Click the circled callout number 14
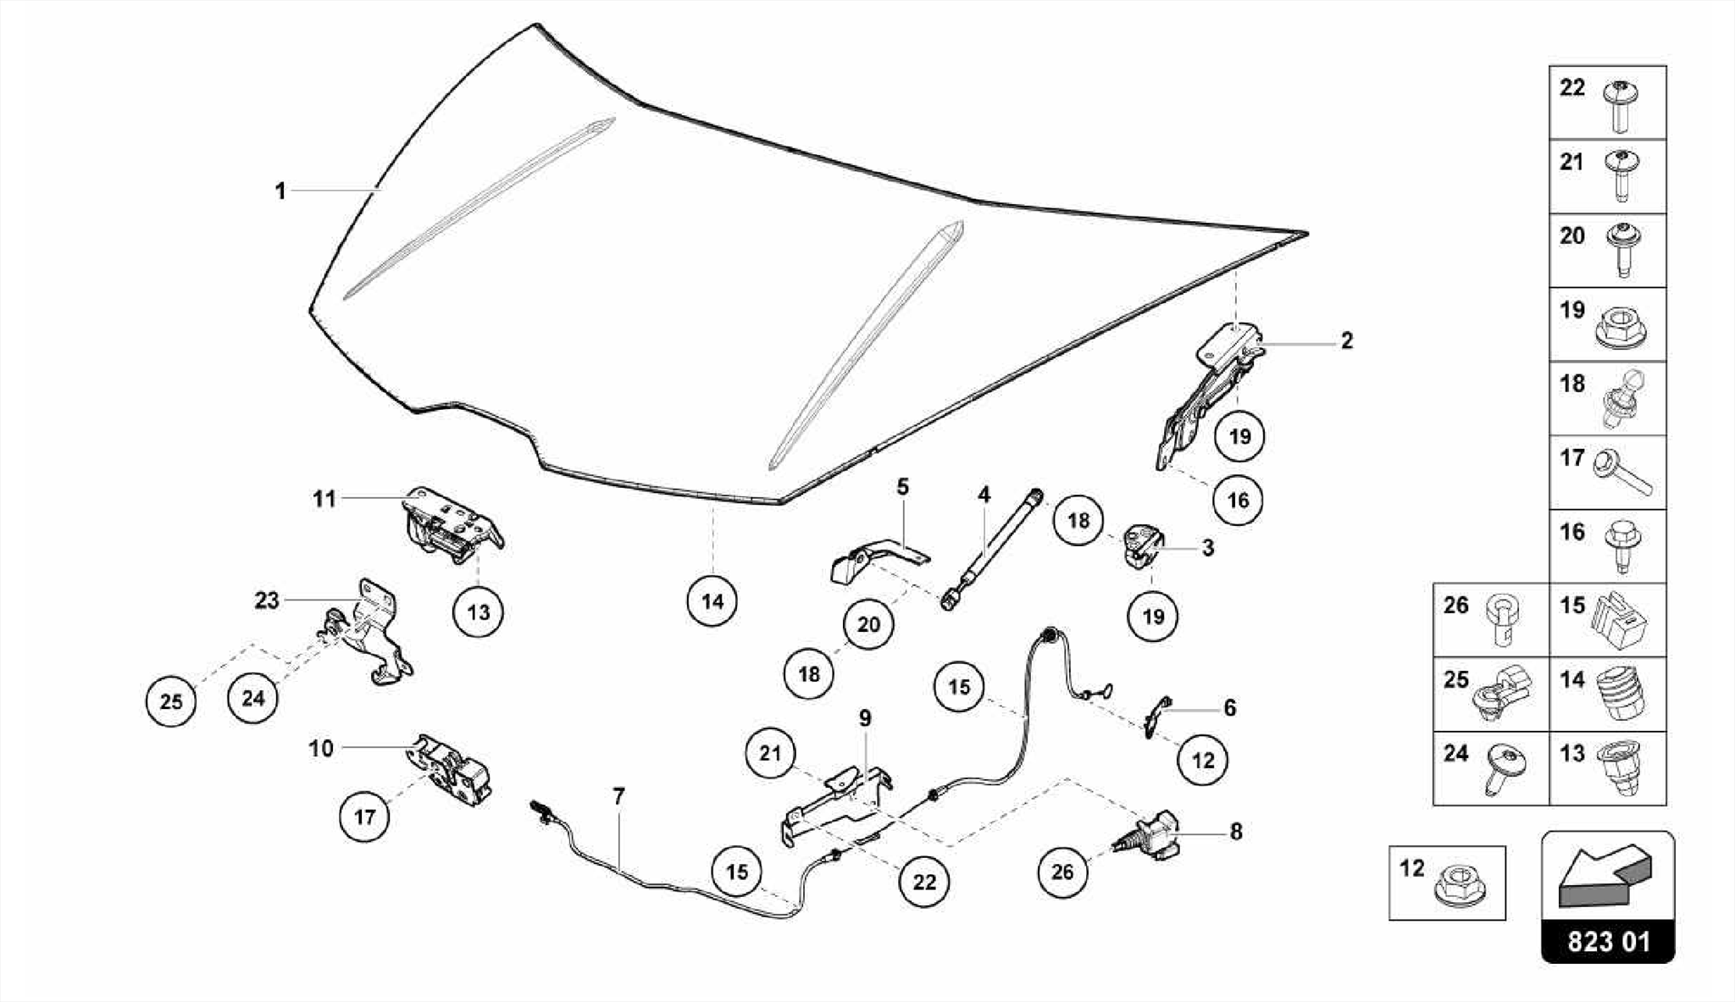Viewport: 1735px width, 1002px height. coord(712,601)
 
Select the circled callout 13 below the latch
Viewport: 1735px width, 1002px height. coord(478,612)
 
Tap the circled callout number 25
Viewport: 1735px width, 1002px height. coord(171,701)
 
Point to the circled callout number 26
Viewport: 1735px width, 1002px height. coord(1062,872)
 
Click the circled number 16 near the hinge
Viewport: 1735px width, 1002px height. coord(1238,500)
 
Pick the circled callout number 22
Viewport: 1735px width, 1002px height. coord(924,882)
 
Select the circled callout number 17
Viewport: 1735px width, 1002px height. coord(364,817)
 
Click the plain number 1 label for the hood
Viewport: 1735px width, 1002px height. coord(280,191)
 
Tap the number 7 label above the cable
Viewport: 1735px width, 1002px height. coord(619,796)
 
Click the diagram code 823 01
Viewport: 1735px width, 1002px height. coord(1608,942)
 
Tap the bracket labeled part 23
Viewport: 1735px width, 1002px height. coord(373,631)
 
